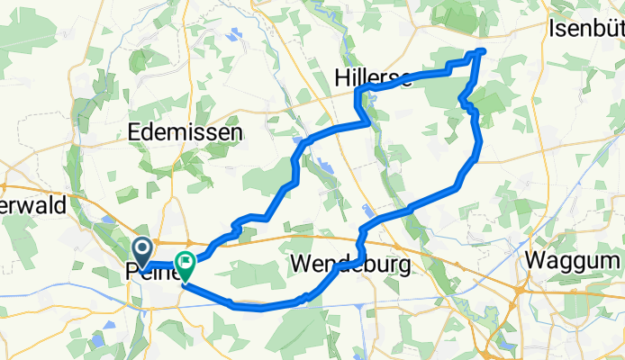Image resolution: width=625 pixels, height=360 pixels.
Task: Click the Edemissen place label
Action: tap(186, 132)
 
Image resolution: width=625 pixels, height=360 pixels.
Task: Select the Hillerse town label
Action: tap(373, 78)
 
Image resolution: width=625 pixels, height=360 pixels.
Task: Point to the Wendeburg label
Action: tap(351, 265)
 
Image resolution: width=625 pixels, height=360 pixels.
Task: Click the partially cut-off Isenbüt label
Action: tap(585, 30)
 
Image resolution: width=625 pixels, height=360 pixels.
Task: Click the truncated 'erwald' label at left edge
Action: tap(33, 205)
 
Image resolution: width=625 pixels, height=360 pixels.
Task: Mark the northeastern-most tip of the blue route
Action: tap(484, 51)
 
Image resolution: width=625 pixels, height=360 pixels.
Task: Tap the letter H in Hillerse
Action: tap(342, 78)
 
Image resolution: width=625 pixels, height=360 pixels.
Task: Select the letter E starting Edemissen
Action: tap(135, 132)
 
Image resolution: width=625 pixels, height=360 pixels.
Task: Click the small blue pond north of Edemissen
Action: tap(237, 36)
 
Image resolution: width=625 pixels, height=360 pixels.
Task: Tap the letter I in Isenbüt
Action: tap(551, 30)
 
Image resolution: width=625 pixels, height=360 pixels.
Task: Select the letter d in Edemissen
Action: tap(149, 132)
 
